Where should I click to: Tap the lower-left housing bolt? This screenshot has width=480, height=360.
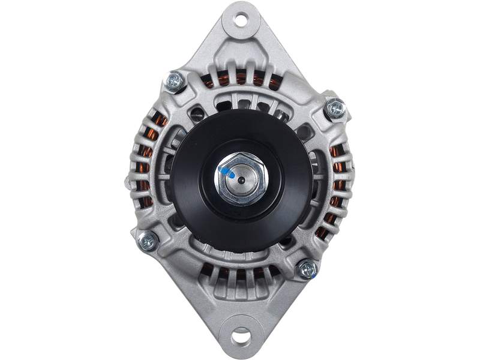(148, 241)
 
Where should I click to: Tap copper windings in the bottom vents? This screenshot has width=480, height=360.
(240, 277)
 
